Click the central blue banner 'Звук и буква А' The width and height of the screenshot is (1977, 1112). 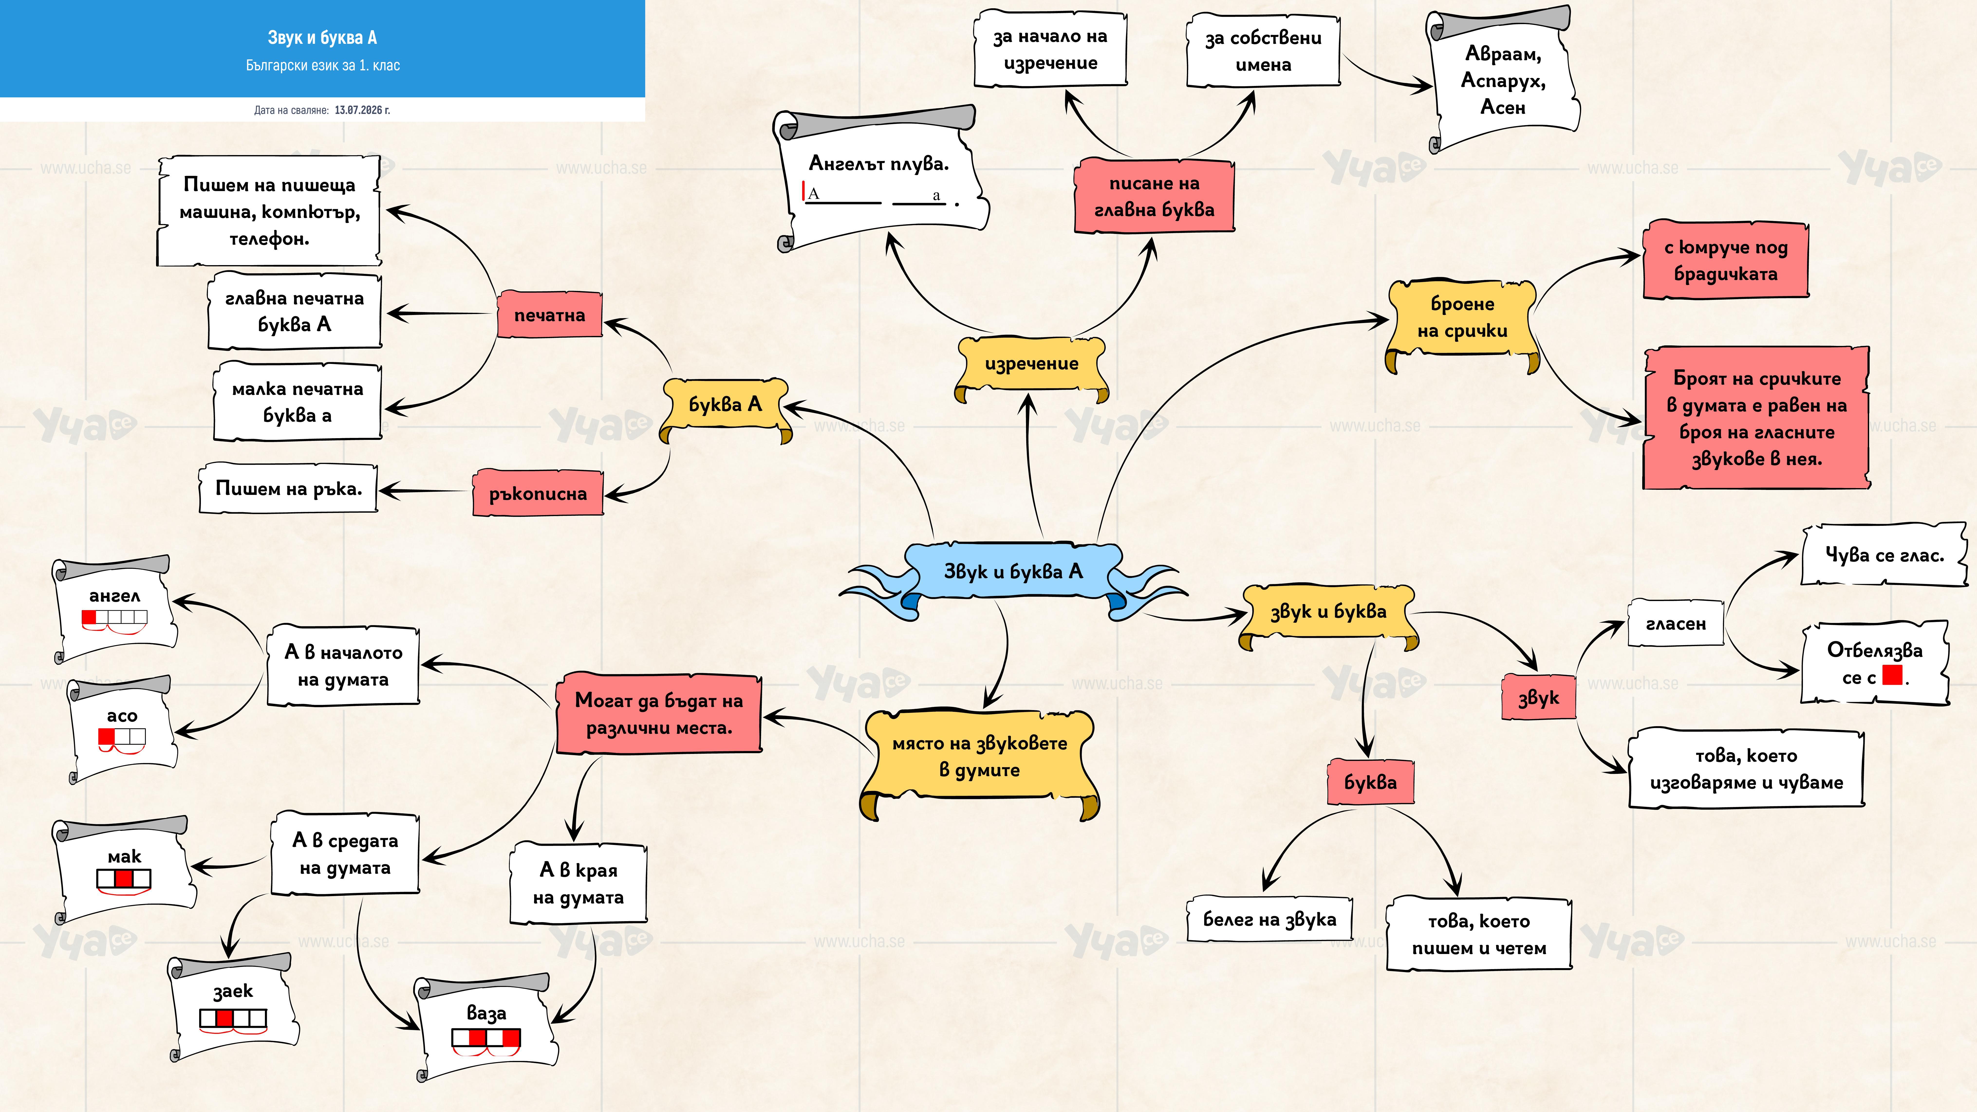coord(1013,572)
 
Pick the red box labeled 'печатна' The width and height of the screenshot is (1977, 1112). coord(550,315)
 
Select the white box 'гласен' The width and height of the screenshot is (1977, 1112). coord(1675,623)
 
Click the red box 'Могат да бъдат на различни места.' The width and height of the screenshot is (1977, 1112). coord(659,714)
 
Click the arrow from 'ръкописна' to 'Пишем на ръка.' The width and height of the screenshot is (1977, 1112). coord(424,490)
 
